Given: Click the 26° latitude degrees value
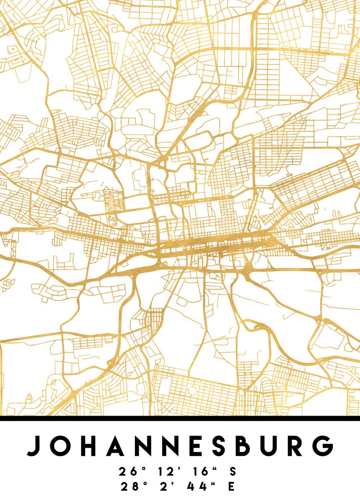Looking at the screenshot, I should tap(129, 472).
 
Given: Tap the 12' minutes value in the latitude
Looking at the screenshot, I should tap(165, 472).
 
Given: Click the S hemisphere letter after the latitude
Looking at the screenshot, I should tap(233, 472).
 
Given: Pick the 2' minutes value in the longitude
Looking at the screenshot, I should tap(167, 487).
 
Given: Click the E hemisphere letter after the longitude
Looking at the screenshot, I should tap(231, 487).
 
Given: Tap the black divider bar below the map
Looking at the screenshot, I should tap(180, 418).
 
